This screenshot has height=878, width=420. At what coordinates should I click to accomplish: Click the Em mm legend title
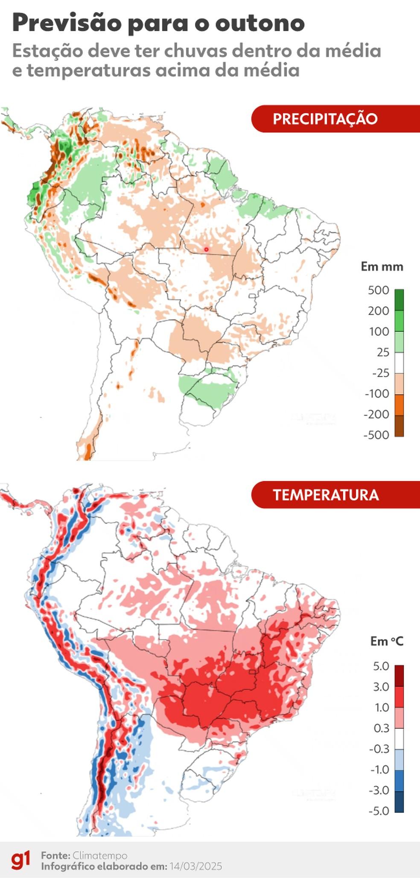[x=382, y=266]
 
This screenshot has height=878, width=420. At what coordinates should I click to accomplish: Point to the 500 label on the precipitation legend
[x=379, y=290]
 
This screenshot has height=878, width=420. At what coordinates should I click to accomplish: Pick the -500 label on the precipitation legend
[x=376, y=435]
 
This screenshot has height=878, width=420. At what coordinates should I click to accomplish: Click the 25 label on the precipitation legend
[x=383, y=352]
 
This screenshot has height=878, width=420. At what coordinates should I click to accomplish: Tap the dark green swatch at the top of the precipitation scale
[x=399, y=300]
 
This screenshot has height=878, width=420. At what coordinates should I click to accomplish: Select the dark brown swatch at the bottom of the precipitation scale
[x=399, y=426]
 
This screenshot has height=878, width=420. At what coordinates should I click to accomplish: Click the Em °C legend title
[x=386, y=641]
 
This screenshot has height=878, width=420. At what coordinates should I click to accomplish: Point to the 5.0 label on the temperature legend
[x=381, y=666]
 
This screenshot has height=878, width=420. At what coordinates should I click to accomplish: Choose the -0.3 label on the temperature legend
[x=379, y=749]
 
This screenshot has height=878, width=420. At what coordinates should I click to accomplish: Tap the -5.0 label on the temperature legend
[x=379, y=811]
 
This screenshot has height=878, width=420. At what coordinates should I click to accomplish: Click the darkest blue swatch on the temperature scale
[x=399, y=802]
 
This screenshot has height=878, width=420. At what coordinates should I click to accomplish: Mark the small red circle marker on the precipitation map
[x=206, y=249]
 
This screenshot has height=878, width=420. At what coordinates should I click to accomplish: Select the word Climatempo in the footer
[x=100, y=855]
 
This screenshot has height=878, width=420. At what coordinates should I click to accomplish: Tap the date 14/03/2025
[x=195, y=866]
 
